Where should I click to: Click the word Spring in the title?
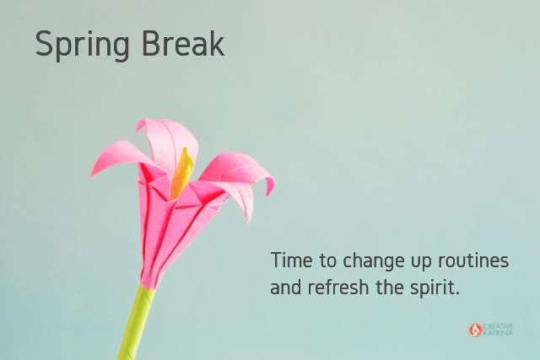(x=83, y=45)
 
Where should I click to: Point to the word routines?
(x=473, y=261)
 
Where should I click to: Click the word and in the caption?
(x=285, y=287)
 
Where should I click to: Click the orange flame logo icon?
(x=475, y=330)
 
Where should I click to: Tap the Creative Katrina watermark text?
(x=498, y=330)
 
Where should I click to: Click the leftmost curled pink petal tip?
(x=92, y=175)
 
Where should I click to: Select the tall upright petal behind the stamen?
(x=169, y=141)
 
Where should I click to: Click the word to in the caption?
(x=327, y=261)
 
